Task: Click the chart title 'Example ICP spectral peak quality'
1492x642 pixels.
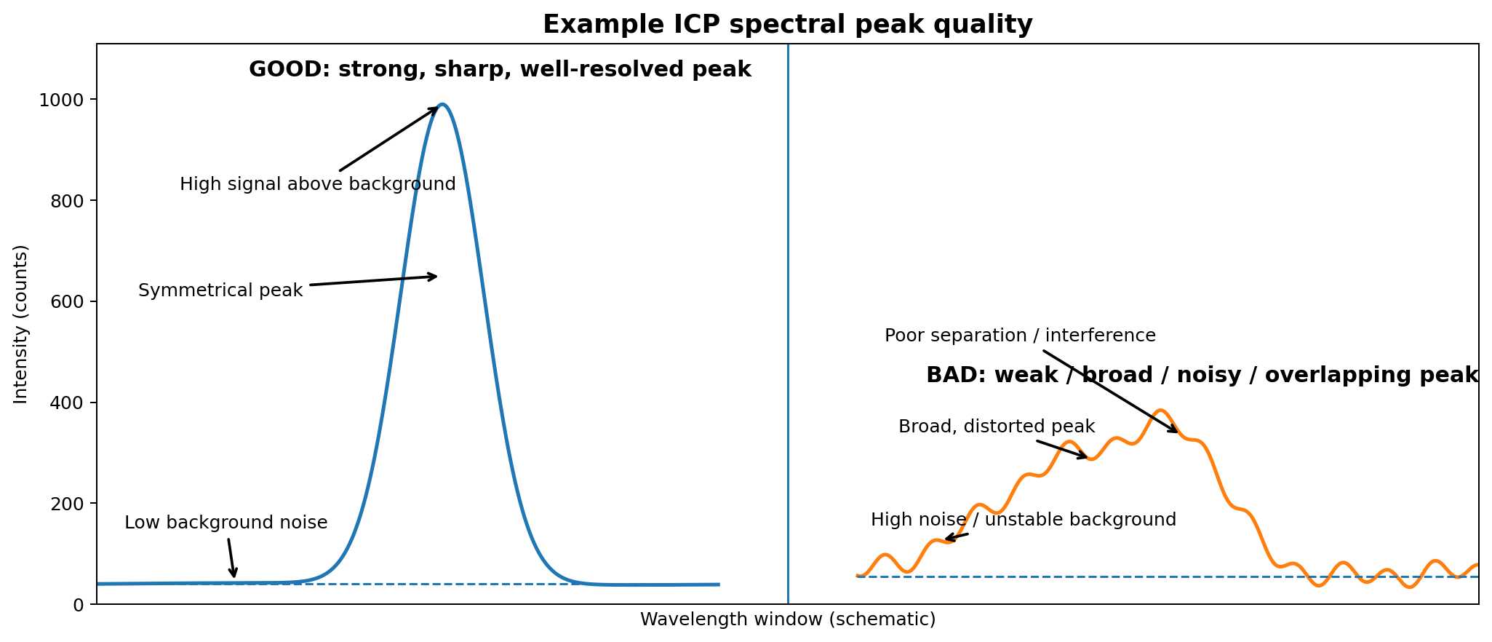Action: pos(787,25)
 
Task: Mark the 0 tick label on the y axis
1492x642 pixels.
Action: pos(79,605)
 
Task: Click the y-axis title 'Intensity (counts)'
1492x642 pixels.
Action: pos(21,324)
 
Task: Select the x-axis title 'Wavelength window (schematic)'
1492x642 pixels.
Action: pos(787,619)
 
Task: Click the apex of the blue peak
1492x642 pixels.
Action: pos(442,105)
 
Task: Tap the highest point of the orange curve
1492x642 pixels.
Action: pos(1160,411)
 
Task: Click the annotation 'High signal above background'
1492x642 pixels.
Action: pos(317,185)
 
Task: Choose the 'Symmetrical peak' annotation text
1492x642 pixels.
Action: pos(220,291)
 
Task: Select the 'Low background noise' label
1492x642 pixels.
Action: pos(226,523)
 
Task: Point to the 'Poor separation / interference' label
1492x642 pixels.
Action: pos(1020,336)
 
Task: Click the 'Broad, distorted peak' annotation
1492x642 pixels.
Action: pos(997,427)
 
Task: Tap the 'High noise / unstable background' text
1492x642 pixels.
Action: pos(1023,520)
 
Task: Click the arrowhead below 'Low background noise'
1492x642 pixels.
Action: pos(234,574)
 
